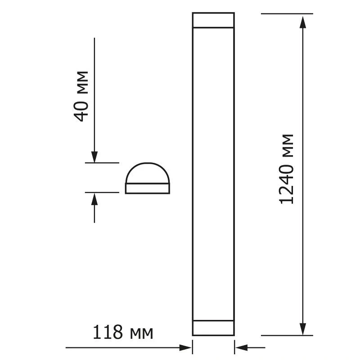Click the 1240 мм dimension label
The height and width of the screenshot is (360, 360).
coord(286,169)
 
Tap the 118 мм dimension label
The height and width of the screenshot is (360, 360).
coord(123,332)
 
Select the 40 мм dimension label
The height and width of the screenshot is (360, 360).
coord(81,96)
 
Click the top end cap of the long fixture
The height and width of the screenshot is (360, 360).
coord(213,20)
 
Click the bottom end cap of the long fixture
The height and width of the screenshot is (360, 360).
coord(213,328)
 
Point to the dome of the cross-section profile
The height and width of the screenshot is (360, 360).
coord(148,163)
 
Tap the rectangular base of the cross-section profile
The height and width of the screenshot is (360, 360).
coord(148,189)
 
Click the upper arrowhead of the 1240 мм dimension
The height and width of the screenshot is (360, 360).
coord(303,22)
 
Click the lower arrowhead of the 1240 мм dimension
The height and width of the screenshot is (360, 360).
coord(303,329)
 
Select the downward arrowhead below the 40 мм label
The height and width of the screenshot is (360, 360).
coord(94,157)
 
